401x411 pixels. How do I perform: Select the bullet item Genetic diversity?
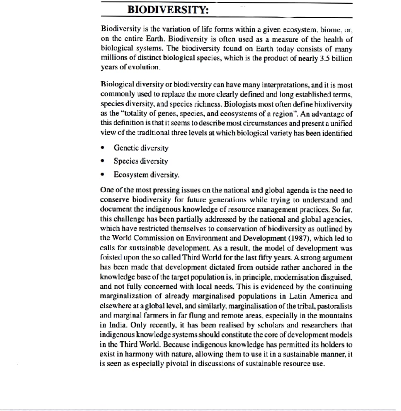pos(141,148)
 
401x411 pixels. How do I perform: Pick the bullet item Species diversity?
pos(141,161)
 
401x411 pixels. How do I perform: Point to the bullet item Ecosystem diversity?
pos(146,174)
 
